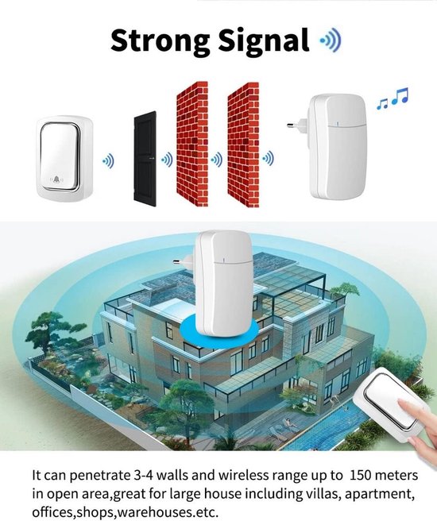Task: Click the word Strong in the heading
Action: [x=160, y=41]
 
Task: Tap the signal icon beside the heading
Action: [x=331, y=41]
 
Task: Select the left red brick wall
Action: [x=192, y=144]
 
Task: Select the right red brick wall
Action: [x=243, y=145]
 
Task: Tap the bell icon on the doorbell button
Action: [x=56, y=180]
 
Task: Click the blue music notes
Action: [x=393, y=98]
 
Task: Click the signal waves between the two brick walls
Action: [x=217, y=160]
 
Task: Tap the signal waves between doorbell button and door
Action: [x=108, y=162]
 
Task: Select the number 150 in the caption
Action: [x=362, y=475]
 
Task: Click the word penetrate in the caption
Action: [x=101, y=476]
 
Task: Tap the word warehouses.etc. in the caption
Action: [x=168, y=511]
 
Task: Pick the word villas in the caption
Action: [x=320, y=493]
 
